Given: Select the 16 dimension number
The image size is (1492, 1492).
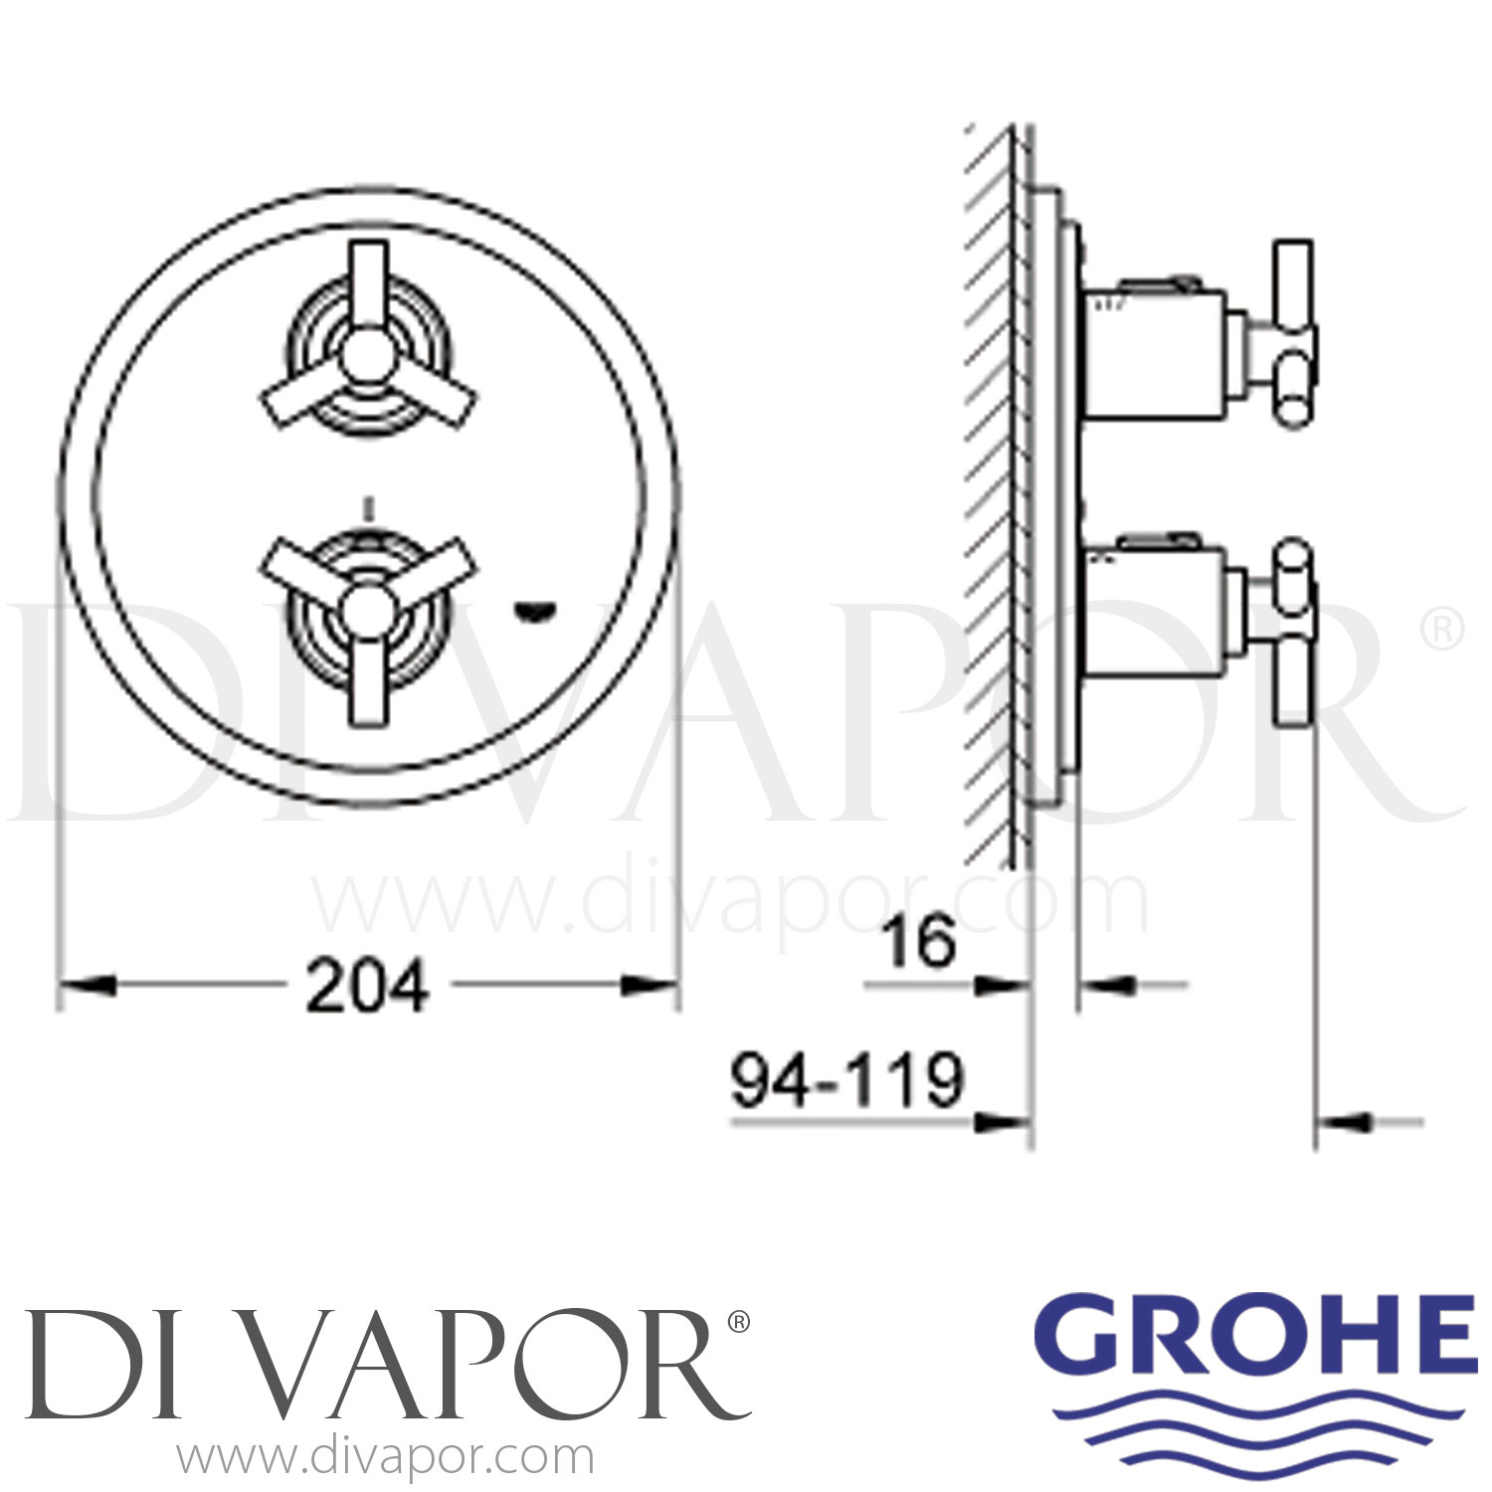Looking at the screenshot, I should tap(920, 941).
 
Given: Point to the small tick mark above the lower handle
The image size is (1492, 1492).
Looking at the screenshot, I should tap(370, 508).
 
